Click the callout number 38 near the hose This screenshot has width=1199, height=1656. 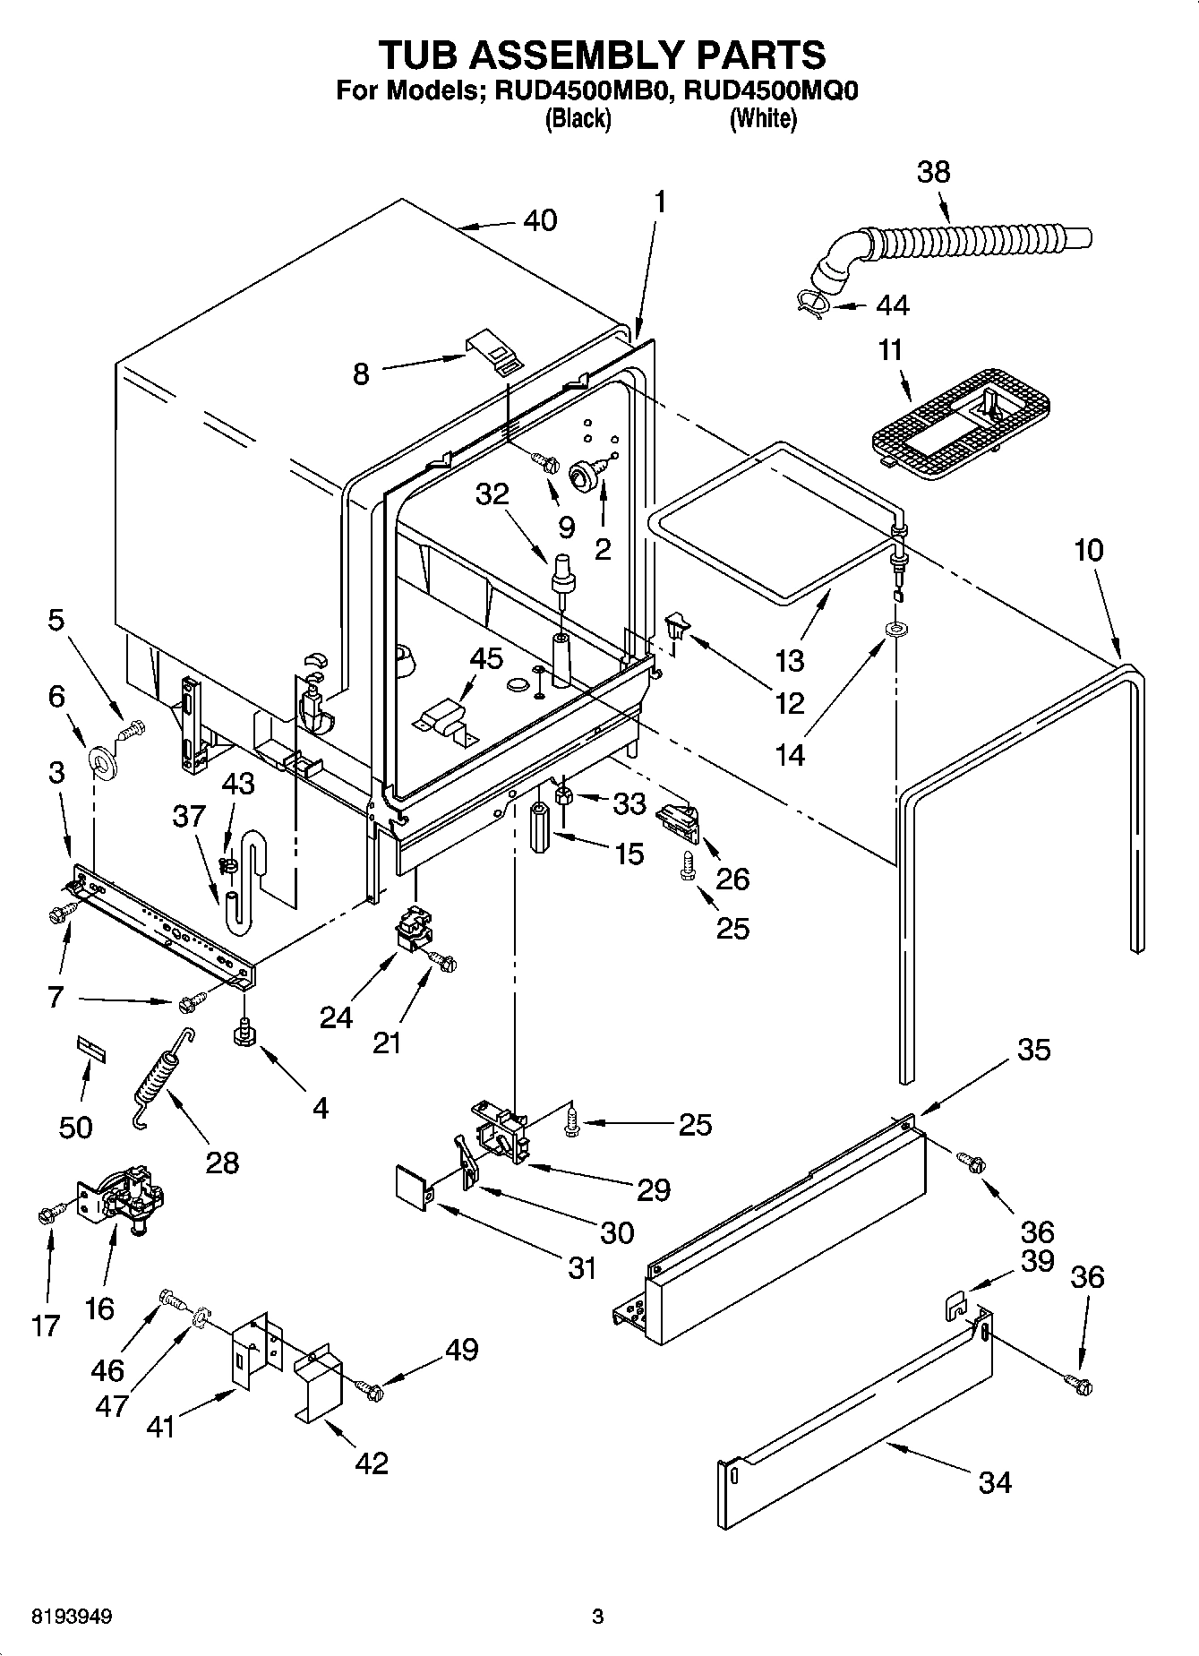pos(933,172)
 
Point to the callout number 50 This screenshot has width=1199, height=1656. pos(75,1126)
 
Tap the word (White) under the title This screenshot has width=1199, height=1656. pos(762,118)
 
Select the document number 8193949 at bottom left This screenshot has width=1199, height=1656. pos(72,1617)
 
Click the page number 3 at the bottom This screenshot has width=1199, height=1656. pos(597,1617)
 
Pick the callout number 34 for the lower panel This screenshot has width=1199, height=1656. pos(995,1482)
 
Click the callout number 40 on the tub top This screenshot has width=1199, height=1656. pos(539,220)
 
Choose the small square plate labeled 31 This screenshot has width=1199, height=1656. pos(414,1182)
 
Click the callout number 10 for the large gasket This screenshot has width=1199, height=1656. pos(1088,550)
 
